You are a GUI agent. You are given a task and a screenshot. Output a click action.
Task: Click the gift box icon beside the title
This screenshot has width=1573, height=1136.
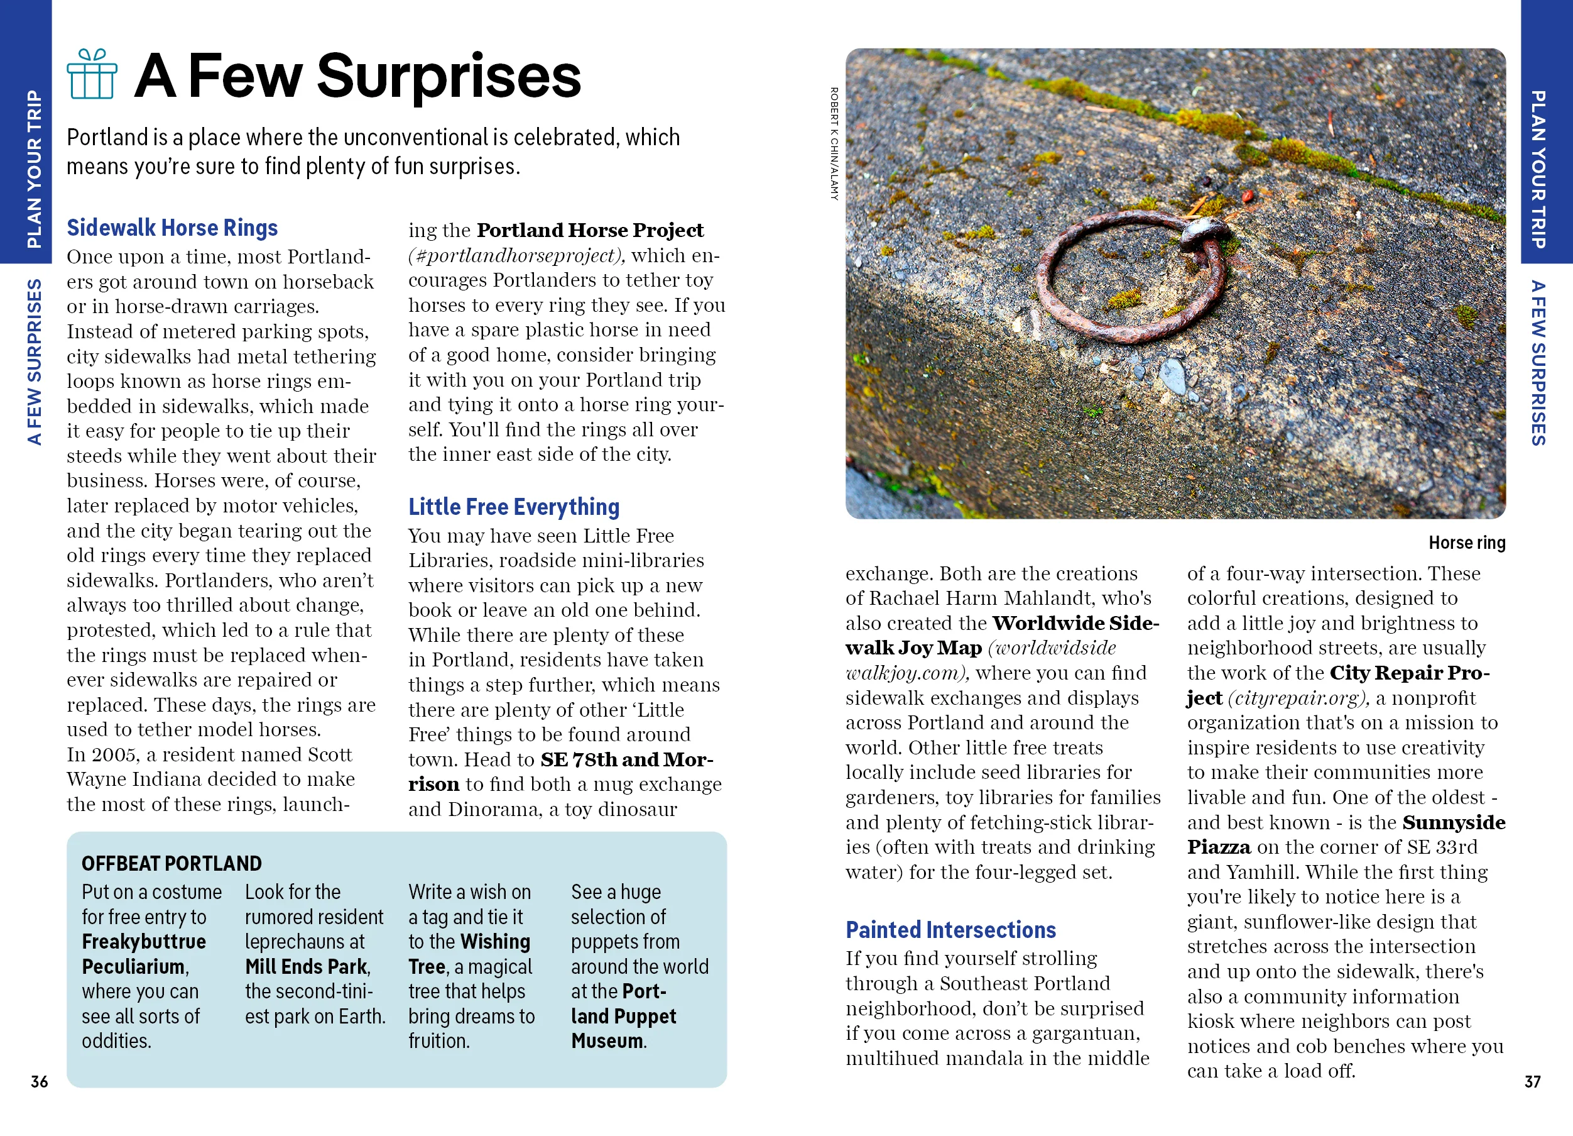click(x=92, y=74)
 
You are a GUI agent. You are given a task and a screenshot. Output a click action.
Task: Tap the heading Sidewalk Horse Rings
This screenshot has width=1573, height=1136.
click(x=172, y=228)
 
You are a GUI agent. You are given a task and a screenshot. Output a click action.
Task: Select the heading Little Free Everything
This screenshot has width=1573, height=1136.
click(x=513, y=507)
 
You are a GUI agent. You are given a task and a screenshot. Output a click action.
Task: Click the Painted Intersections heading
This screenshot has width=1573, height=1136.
click(x=950, y=929)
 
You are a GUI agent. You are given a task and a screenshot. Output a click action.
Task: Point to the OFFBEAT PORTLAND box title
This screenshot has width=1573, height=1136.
click(x=171, y=863)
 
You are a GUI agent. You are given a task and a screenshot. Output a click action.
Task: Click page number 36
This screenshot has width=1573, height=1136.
click(x=40, y=1081)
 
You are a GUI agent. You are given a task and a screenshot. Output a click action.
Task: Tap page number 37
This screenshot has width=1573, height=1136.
click(x=1532, y=1081)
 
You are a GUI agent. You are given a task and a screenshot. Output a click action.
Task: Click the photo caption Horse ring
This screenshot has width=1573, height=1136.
click(x=1466, y=543)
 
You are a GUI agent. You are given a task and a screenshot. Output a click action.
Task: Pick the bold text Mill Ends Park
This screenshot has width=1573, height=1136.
click(x=307, y=967)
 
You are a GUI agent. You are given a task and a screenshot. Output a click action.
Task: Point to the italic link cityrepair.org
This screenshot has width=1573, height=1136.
click(x=1298, y=698)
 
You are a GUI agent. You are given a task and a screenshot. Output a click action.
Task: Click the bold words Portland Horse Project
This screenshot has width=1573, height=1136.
click(x=589, y=230)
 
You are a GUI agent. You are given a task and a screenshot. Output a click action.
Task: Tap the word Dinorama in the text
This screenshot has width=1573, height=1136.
click(x=494, y=809)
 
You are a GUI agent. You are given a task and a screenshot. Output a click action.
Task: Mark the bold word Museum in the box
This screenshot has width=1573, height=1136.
click(x=607, y=1041)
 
